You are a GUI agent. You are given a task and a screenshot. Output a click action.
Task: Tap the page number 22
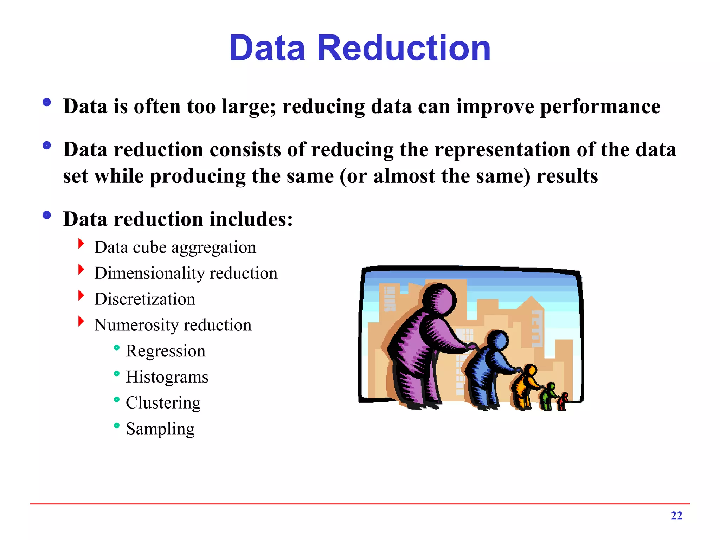pos(676,515)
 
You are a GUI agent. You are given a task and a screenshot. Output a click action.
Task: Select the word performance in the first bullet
pos(600,107)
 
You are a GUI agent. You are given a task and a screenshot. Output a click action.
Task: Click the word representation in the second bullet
pos(502,150)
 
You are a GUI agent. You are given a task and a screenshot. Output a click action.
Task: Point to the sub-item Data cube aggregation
pos(175,247)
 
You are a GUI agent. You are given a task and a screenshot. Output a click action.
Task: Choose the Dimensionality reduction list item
pos(186,274)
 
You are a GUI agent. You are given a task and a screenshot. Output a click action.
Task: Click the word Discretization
pos(144,299)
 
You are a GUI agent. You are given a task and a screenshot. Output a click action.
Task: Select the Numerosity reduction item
pos(173,325)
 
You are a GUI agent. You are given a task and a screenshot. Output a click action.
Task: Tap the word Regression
pos(165,351)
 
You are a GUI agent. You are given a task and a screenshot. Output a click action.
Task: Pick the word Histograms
pos(167,377)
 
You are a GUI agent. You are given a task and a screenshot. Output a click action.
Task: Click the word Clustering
pos(163,403)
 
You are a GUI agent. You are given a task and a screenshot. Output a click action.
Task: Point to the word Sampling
pos(160,429)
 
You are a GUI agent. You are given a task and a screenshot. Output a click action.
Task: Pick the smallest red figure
pos(563,401)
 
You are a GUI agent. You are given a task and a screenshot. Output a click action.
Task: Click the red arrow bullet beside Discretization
pos(81,295)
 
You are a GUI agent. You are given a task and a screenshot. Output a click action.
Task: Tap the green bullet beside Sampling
pos(117,425)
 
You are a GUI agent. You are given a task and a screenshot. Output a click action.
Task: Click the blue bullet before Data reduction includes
pos(46,215)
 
